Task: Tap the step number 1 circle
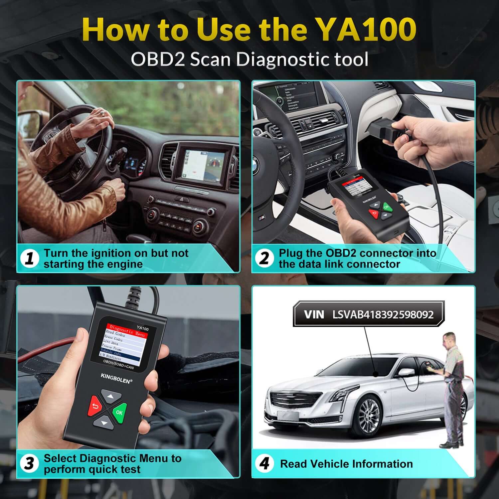tap(30, 258)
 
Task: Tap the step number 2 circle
tap(264, 258)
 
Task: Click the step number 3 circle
tap(30, 463)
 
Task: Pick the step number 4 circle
tap(264, 463)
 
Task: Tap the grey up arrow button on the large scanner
tap(111, 397)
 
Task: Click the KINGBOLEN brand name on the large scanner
tap(116, 378)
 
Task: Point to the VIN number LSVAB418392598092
tap(383, 315)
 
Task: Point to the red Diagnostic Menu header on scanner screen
tap(127, 330)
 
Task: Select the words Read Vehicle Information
tap(346, 464)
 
